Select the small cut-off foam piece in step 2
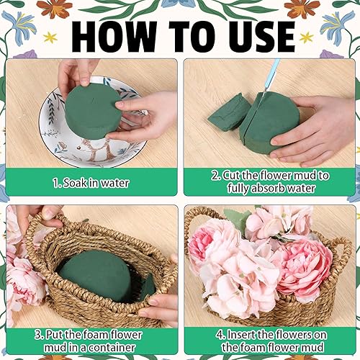pos(229,112)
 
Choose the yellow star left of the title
pos(50,37)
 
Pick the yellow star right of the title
pos(307,37)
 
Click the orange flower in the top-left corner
pos(55,9)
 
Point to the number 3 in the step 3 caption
pos(38,335)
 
